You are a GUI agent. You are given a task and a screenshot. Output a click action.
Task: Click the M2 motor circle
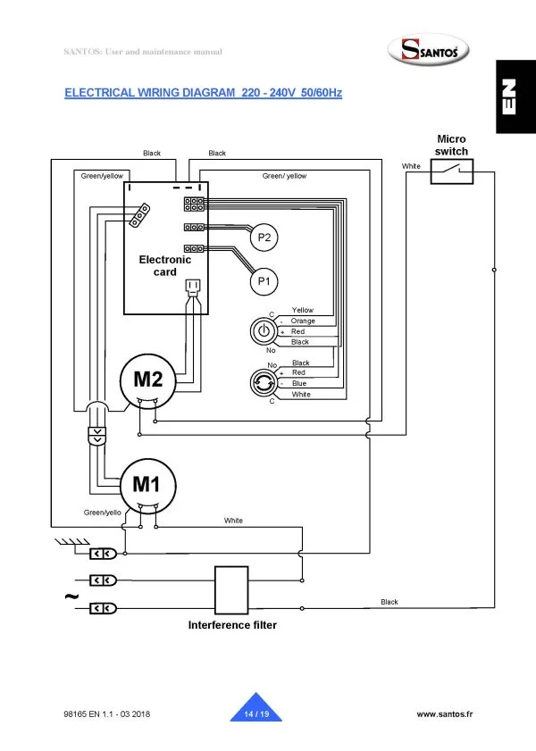coord(148,380)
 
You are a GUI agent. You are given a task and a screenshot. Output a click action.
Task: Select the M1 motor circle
coord(147,485)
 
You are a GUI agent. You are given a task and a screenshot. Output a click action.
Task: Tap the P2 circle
coord(264,238)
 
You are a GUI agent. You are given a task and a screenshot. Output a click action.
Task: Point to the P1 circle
coord(264,282)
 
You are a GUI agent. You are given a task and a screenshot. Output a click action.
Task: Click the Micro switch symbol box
coord(451,172)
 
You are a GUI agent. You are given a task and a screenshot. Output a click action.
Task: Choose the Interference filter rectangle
coord(231,588)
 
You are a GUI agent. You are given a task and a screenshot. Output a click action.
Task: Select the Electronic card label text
coord(165,265)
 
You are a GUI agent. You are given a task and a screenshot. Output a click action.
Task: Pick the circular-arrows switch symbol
coord(264,382)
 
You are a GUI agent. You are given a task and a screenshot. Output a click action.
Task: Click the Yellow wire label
coord(303,310)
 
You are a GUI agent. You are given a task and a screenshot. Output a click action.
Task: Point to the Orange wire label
coord(304,321)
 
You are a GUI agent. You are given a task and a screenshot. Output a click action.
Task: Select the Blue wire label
coord(299,383)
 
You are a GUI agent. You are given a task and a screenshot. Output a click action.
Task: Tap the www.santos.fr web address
coord(445,714)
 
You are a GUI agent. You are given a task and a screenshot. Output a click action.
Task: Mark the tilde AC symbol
coord(70,596)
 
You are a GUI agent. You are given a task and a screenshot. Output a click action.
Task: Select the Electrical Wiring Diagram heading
coord(204,93)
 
